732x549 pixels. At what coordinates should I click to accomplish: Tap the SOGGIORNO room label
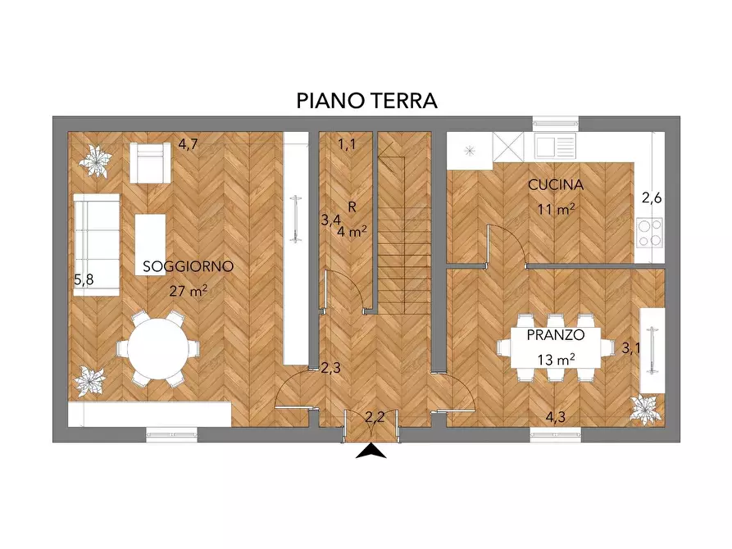(x=189, y=266)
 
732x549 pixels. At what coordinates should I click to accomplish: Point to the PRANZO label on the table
(x=555, y=336)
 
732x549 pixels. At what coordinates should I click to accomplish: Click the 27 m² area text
(x=189, y=289)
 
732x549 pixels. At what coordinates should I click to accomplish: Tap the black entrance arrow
(x=371, y=451)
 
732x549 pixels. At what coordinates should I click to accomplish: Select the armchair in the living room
(x=149, y=163)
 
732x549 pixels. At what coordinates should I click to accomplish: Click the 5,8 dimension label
(x=84, y=280)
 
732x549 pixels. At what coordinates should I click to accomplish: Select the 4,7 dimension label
(x=189, y=145)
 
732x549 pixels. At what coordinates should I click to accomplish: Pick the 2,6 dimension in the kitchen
(x=651, y=197)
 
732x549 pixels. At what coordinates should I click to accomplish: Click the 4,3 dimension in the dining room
(x=556, y=416)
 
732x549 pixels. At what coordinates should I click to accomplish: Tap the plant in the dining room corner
(x=646, y=409)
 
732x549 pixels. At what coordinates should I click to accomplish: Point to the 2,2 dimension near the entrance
(x=375, y=416)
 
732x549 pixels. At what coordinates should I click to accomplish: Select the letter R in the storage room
(x=351, y=206)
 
